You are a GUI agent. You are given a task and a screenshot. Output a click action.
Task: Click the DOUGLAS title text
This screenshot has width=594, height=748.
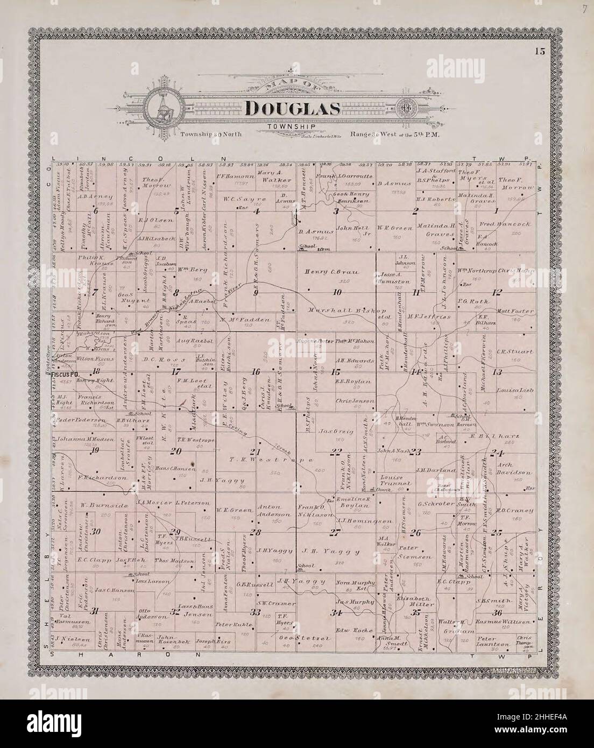pos(293,109)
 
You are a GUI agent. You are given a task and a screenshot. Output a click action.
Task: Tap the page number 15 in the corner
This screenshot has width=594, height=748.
pos(540,52)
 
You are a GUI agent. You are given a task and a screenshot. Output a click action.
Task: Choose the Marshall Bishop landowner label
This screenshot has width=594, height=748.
pos(341,311)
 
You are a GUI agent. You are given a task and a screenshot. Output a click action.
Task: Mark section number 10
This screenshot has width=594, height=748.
pos(337,292)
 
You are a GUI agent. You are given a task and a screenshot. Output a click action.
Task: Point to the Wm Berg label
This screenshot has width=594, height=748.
pos(183,272)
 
